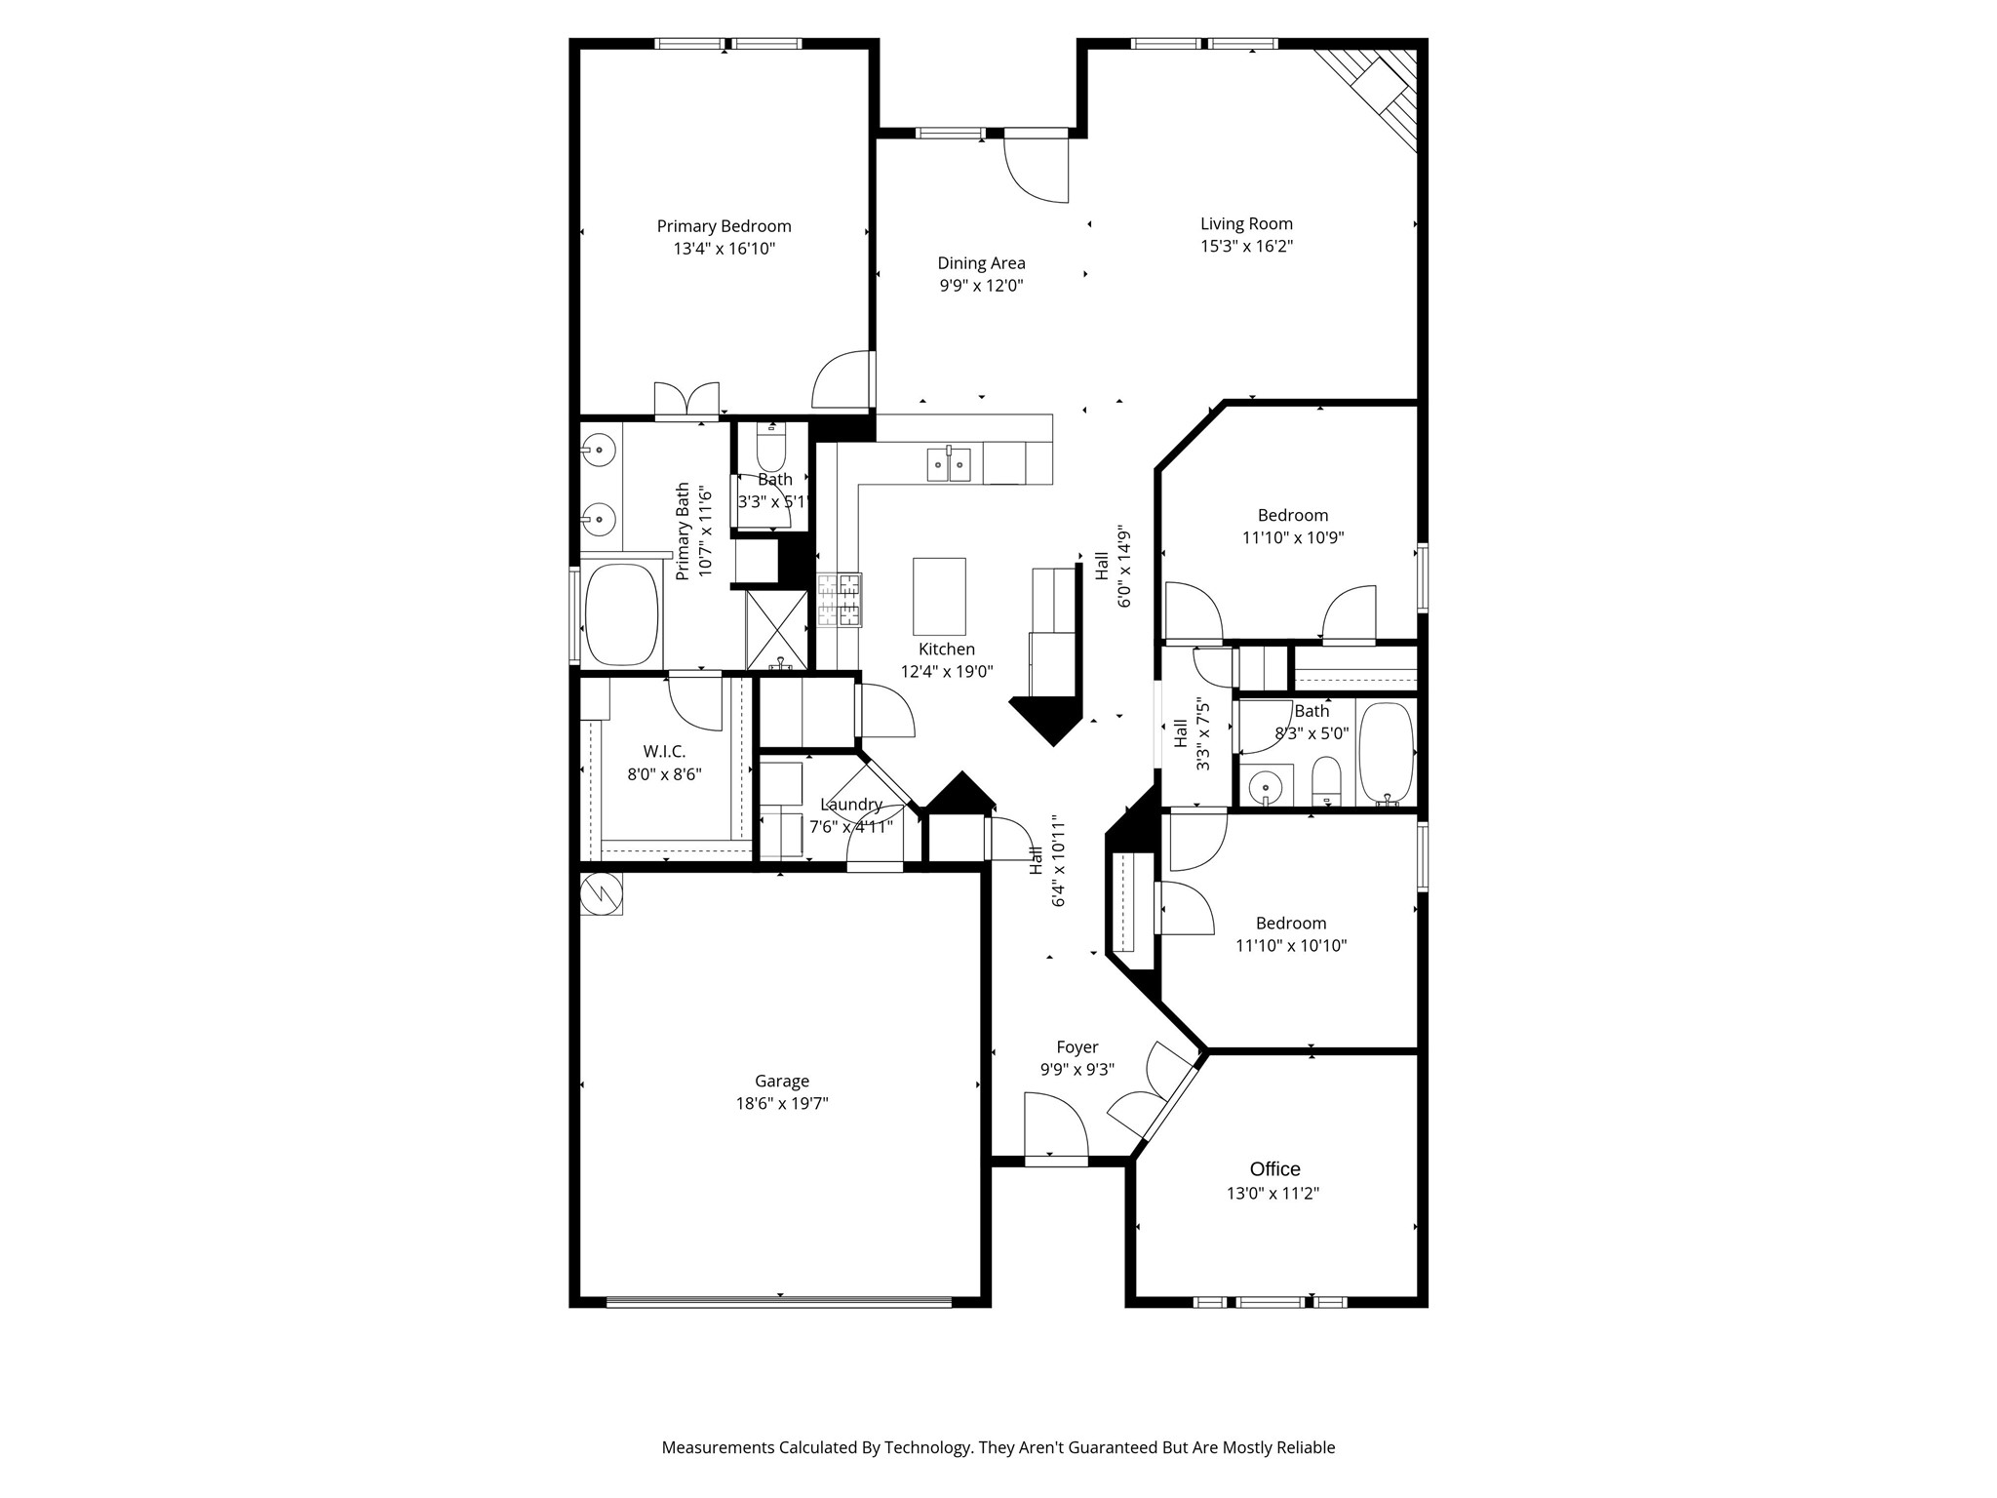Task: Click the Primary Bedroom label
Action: [x=724, y=226]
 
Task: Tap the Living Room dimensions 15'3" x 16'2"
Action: [x=1246, y=247]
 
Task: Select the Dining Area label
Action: [x=981, y=263]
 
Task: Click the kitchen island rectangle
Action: [x=939, y=596]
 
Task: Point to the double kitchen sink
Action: [x=948, y=465]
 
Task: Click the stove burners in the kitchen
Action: [x=840, y=599]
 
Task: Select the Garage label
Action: [x=782, y=1081]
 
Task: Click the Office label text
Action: [x=1274, y=1169]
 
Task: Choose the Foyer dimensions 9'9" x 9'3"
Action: [x=1077, y=1069]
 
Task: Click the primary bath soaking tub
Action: [x=621, y=614]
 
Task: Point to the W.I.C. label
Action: [x=664, y=752]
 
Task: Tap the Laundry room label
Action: [x=850, y=805]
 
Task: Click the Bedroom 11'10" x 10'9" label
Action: [x=1292, y=515]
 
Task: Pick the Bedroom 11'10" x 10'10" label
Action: [x=1291, y=923]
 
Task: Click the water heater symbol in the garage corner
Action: [x=601, y=893]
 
